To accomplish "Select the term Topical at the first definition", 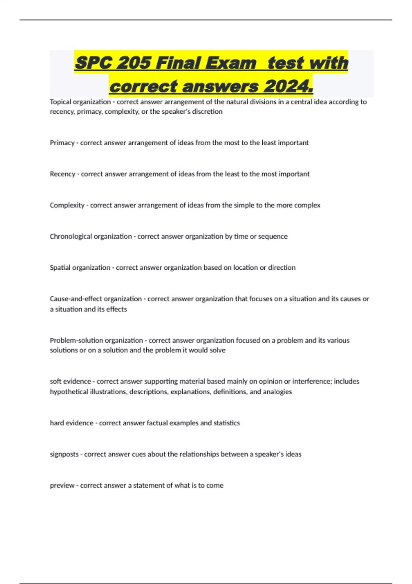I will [60, 102].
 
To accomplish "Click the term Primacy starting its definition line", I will [62, 143].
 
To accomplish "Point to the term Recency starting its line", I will [62, 174].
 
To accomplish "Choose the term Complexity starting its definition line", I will [67, 205].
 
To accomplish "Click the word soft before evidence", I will [56, 381].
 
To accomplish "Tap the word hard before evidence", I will [57, 423].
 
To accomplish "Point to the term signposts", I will [64, 454].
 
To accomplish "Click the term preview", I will [62, 485].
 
